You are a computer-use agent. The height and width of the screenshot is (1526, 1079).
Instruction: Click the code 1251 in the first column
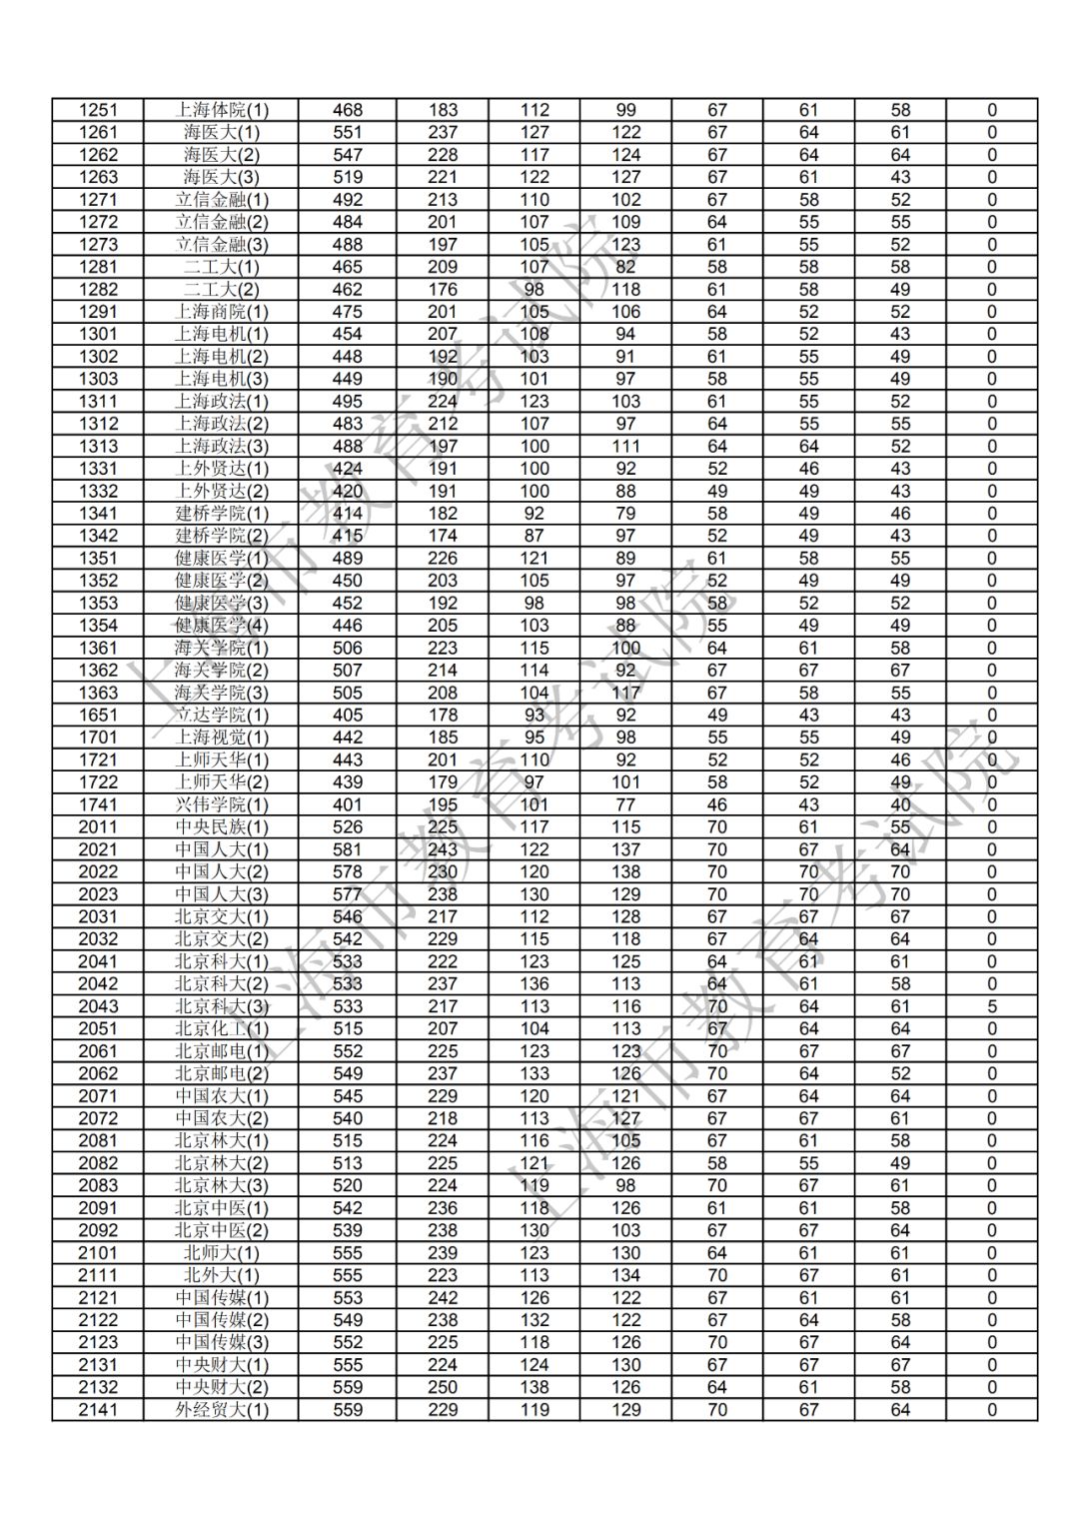pos(98,110)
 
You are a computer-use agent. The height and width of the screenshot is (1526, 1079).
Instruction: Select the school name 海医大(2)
pos(222,155)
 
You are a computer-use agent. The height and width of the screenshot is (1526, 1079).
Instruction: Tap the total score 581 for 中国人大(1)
pos(348,849)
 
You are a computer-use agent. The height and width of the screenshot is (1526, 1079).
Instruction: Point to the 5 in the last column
pos(992,1006)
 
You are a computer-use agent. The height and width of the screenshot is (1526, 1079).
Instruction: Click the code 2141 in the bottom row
pos(98,1410)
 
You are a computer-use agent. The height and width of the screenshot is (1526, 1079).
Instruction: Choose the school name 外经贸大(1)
pos(222,1410)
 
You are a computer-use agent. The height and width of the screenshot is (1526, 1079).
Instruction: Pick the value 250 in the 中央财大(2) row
pos(443,1387)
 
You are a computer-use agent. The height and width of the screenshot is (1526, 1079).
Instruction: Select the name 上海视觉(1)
pos(222,738)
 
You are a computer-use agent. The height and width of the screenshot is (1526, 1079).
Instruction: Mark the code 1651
pos(98,716)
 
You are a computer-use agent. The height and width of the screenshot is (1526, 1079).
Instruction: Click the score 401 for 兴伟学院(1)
pos(348,804)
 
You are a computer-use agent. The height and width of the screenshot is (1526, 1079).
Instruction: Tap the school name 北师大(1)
pos(222,1253)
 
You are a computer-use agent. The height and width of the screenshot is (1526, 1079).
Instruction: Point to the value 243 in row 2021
pos(443,849)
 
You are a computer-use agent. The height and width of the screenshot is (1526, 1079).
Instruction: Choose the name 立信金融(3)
pos(222,245)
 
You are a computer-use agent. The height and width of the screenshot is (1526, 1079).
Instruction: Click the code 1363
pos(98,693)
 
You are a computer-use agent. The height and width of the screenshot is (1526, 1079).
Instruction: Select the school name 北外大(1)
pos(222,1275)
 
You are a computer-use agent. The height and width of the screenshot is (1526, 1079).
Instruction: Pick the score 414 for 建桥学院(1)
pos(348,514)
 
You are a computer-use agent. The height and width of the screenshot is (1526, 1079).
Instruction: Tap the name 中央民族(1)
pos(222,827)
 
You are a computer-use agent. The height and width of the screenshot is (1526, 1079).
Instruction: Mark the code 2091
pos(98,1208)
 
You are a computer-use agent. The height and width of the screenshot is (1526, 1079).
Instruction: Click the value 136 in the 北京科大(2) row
pos(535,983)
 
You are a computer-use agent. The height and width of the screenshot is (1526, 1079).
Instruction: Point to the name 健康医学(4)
pos(222,626)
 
